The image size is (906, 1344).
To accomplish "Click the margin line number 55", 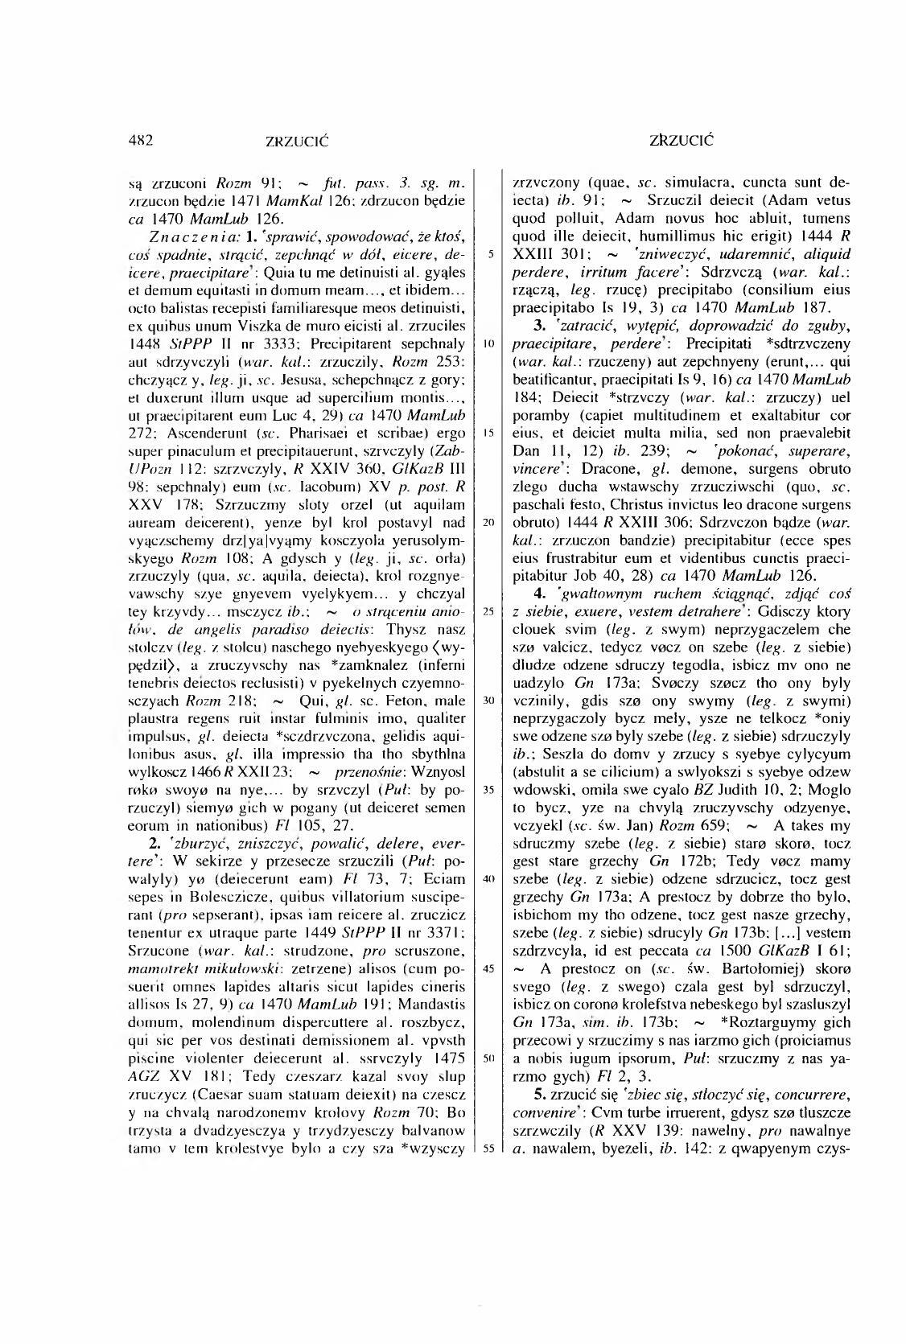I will coord(488,1148).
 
